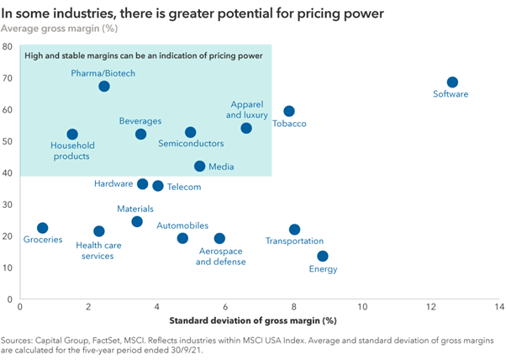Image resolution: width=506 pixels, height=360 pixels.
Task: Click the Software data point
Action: click(x=452, y=82)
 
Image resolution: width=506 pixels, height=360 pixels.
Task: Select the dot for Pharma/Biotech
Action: click(x=104, y=87)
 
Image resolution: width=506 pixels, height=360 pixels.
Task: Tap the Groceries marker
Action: click(x=43, y=228)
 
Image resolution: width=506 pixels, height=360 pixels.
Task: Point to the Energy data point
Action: click(x=323, y=257)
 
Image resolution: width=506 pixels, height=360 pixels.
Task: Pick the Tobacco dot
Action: click(x=289, y=111)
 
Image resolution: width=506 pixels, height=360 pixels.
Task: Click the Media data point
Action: click(x=200, y=167)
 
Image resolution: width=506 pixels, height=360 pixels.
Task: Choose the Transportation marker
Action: click(x=294, y=230)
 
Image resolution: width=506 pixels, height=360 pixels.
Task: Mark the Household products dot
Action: click(x=72, y=135)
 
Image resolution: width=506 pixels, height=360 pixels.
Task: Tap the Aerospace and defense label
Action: click(x=221, y=257)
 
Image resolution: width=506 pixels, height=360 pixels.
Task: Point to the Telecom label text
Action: click(x=184, y=187)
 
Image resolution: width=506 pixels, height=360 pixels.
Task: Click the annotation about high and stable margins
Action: click(x=144, y=55)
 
